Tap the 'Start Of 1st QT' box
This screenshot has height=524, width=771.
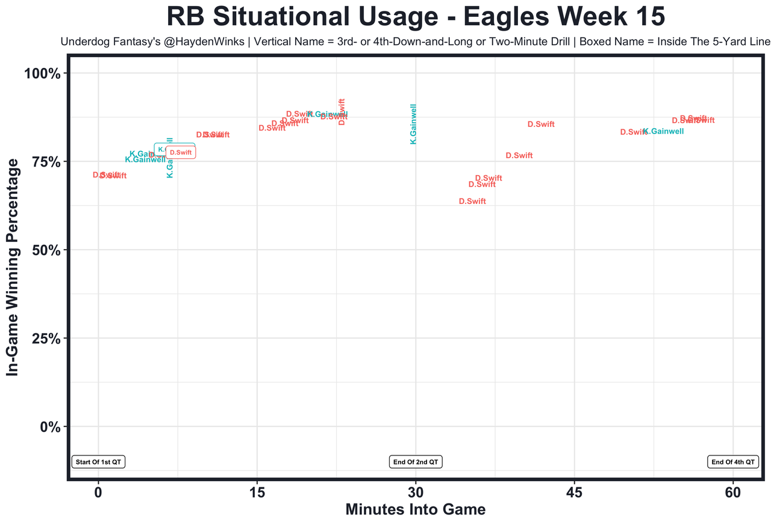coord(98,462)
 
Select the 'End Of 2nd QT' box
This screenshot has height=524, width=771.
coord(416,462)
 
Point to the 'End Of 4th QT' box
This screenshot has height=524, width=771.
coord(732,462)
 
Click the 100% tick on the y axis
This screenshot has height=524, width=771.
coord(42,74)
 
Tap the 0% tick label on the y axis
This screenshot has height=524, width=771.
coord(48,427)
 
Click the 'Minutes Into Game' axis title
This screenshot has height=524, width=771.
coord(416,510)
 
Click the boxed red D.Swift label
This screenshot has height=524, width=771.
coord(181,153)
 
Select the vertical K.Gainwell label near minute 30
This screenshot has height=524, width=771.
coord(413,124)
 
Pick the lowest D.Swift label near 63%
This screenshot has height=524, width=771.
coord(472,202)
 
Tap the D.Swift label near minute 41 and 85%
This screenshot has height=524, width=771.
coord(541,125)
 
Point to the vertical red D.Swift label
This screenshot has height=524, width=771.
coord(342,111)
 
